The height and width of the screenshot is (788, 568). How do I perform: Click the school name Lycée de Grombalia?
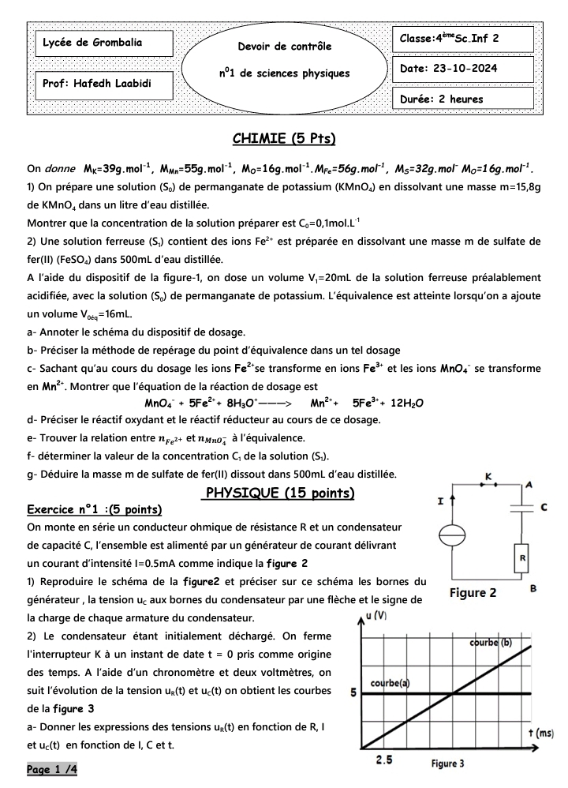92,43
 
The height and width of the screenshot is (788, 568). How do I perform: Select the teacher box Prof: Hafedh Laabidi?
96,83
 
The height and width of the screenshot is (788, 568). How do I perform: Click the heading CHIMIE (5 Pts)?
284,140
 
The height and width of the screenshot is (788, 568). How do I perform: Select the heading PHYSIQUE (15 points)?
279,493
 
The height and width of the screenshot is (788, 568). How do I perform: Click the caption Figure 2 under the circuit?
473,593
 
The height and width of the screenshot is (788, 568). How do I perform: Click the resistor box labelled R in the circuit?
521,557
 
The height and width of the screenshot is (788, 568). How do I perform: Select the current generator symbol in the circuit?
451,536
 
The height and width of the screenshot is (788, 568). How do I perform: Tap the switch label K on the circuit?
488,477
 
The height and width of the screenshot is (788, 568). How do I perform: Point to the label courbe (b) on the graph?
491,642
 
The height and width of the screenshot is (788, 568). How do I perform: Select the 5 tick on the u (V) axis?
353,693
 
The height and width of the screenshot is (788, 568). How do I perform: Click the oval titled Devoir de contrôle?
284,61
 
